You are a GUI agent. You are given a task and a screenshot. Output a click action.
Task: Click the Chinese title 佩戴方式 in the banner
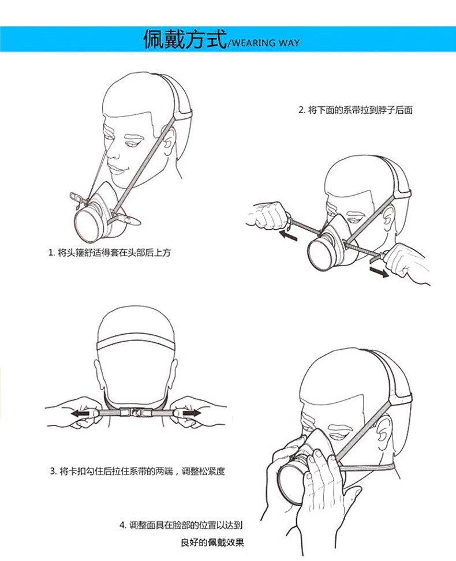(x=185, y=39)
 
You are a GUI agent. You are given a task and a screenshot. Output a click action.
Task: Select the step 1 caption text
(x=110, y=253)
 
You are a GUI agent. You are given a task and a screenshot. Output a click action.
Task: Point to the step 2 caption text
(x=356, y=110)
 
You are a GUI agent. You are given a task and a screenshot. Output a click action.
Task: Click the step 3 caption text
(x=137, y=471)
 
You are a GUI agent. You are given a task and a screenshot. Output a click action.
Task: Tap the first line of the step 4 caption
(x=181, y=525)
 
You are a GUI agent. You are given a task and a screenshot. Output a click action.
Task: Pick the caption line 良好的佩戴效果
(x=212, y=543)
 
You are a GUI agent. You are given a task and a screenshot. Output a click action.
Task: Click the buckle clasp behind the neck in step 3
(x=136, y=413)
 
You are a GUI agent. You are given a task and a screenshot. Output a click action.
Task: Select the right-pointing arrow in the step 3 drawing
(x=192, y=413)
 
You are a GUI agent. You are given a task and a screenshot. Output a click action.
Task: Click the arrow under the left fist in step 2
(x=288, y=235)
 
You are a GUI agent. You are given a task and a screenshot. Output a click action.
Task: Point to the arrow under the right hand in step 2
(x=379, y=272)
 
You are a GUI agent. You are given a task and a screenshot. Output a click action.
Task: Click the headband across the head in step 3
(x=136, y=344)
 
